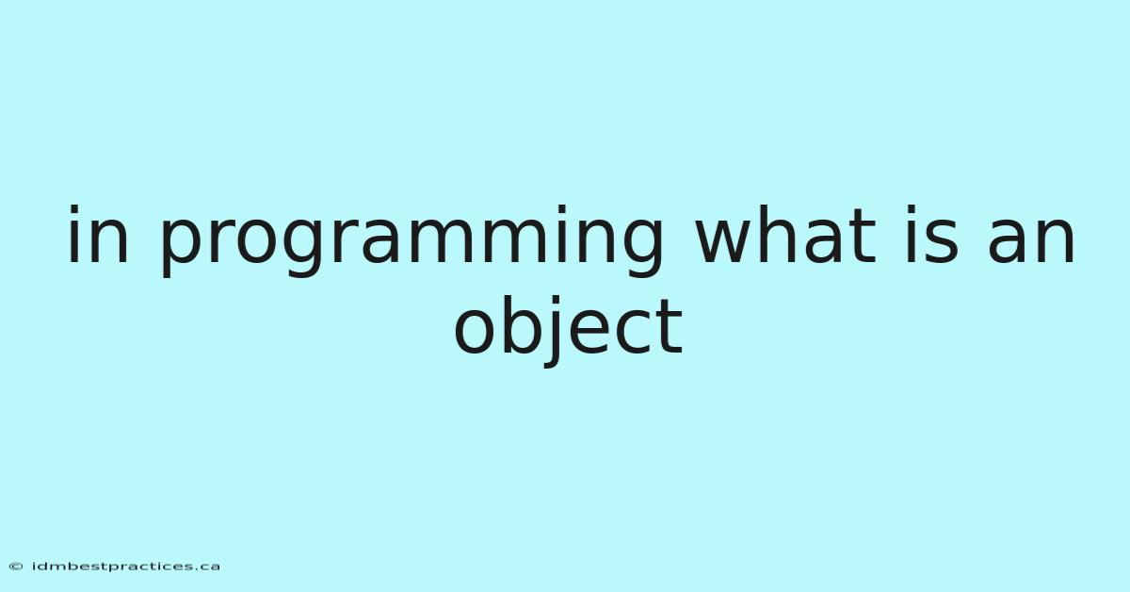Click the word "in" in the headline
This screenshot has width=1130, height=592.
[x=98, y=234]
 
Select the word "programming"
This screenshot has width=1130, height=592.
[x=411, y=241]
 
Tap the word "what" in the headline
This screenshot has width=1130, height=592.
[x=785, y=234]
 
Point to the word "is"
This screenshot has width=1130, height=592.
[x=931, y=234]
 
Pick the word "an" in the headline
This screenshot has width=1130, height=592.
[x=1030, y=240]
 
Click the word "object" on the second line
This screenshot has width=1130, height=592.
[x=569, y=329]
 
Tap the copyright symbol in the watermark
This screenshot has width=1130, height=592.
[x=16, y=567]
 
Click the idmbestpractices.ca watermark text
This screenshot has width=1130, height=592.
[x=126, y=567]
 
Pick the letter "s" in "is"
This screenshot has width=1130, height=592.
[x=942, y=240]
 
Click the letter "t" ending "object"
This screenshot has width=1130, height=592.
[x=668, y=325]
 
